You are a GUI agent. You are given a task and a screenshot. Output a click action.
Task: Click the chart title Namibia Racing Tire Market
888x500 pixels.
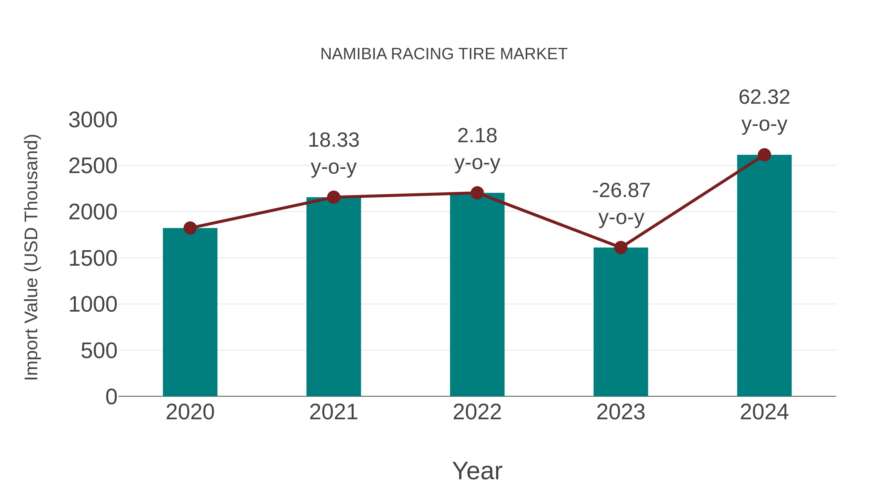click(x=444, y=54)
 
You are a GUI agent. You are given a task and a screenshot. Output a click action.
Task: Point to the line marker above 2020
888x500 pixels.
click(x=190, y=228)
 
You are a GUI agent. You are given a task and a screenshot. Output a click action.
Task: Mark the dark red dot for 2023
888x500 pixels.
click(x=621, y=247)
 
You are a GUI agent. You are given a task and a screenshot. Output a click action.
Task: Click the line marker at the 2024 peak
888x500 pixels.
click(x=764, y=155)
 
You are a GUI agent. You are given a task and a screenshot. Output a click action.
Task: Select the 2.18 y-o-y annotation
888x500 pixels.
click(x=477, y=149)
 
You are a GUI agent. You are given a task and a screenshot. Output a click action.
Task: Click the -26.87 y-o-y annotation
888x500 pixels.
click(x=621, y=204)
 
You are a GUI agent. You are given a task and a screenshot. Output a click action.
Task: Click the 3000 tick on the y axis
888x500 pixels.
click(x=93, y=120)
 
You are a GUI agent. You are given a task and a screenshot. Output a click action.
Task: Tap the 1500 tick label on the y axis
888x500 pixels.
click(x=93, y=259)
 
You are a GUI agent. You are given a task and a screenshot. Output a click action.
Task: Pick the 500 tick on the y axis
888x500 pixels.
click(x=99, y=351)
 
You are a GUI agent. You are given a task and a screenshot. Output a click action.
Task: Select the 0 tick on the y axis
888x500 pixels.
click(x=111, y=397)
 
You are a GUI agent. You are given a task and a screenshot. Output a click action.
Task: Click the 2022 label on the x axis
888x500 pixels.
click(x=477, y=412)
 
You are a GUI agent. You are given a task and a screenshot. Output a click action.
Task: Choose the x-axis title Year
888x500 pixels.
click(x=477, y=471)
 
